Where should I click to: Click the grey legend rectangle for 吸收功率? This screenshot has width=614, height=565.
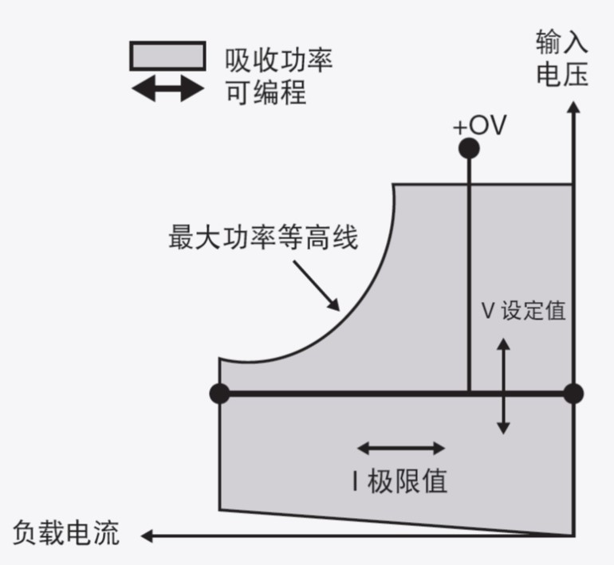167,57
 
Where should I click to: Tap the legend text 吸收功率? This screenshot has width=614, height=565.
278,60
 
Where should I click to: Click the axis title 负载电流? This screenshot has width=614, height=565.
67,532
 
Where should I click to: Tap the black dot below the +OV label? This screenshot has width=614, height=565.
469,148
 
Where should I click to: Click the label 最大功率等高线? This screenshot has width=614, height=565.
263,239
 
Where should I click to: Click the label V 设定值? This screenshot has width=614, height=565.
523,310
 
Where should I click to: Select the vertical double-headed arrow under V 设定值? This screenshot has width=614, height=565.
502,386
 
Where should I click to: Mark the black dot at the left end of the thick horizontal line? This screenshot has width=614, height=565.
219,393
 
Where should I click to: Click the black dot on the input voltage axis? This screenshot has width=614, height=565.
573,393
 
